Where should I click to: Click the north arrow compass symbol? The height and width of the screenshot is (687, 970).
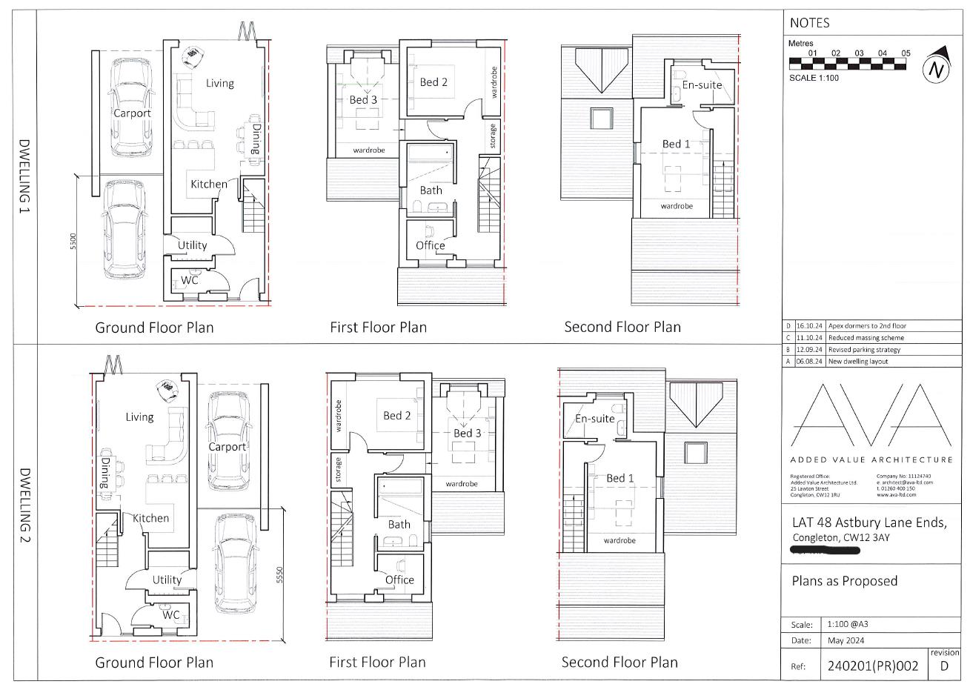(937, 68)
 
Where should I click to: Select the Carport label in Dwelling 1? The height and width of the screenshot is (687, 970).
(132, 113)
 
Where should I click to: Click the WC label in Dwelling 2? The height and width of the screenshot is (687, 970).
(171, 614)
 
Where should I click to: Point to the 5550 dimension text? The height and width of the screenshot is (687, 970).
(279, 576)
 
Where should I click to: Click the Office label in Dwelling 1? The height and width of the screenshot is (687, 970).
(431, 245)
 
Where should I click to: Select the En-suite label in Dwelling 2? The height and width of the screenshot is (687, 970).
(595, 419)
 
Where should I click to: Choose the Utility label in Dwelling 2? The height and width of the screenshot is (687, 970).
(167, 580)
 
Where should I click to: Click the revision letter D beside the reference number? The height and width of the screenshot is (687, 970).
(943, 666)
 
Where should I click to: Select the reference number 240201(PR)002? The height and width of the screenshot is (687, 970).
(872, 666)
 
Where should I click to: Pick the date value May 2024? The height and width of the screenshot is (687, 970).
(846, 640)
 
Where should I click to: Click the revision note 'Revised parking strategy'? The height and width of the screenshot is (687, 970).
(865, 350)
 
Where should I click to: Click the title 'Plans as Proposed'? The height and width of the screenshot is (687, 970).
(844, 581)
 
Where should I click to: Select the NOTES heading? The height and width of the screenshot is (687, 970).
(809, 23)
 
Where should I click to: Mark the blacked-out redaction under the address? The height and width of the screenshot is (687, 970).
(825, 551)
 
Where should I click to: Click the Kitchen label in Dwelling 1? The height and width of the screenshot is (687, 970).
(209, 184)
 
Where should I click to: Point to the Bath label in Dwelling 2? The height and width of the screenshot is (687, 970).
(399, 524)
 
